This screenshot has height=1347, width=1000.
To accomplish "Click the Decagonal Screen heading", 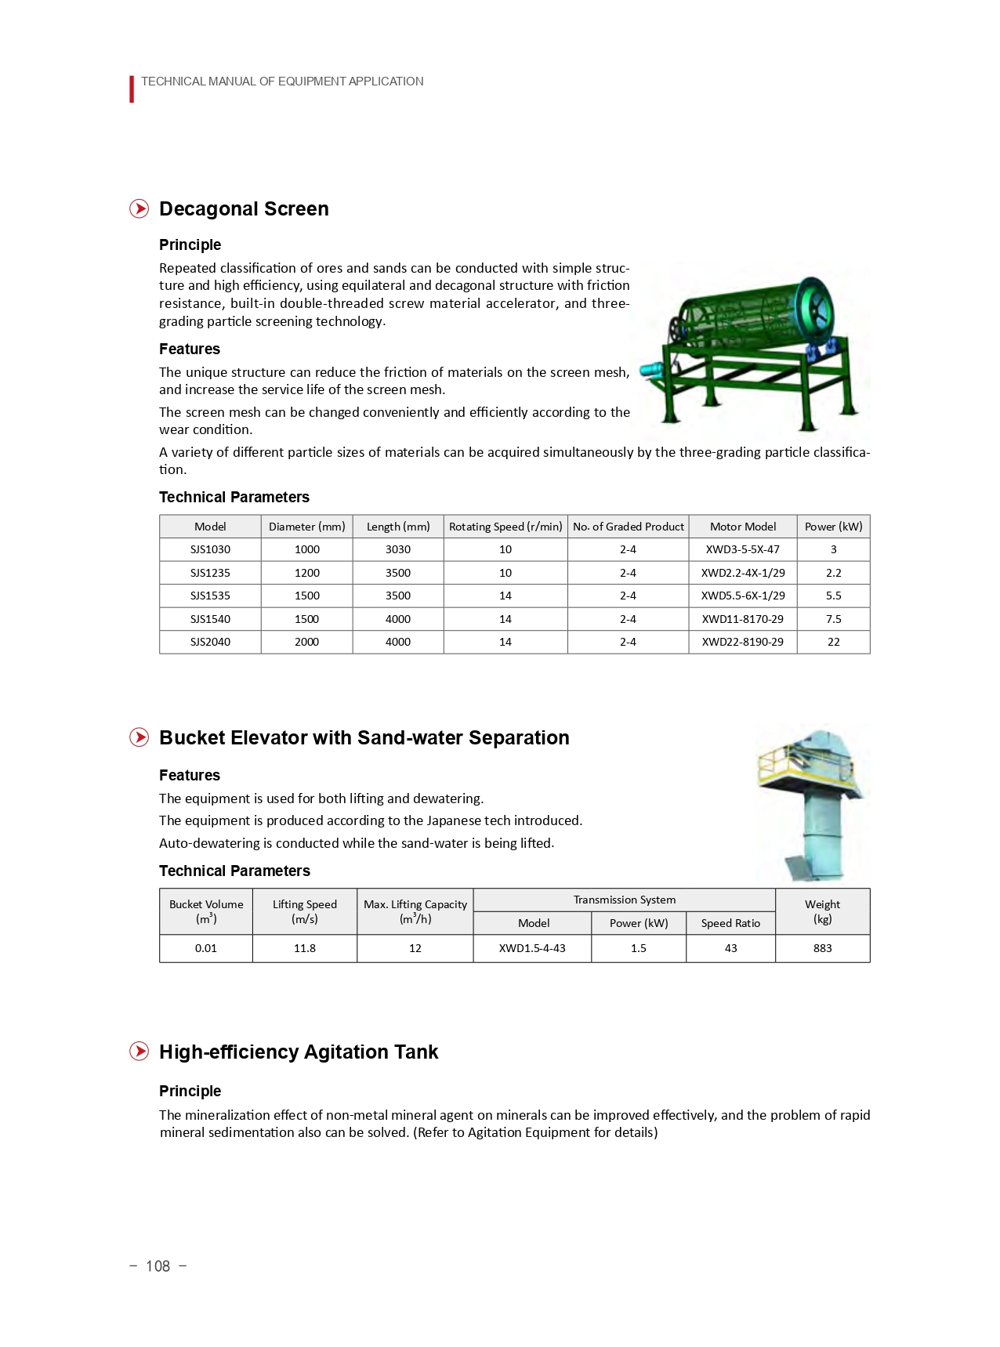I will coord(244,209).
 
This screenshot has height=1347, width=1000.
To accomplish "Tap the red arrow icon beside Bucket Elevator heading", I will coord(139,737).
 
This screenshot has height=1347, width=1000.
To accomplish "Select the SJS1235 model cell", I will coord(210,573).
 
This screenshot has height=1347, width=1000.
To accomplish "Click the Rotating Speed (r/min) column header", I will coord(505,527).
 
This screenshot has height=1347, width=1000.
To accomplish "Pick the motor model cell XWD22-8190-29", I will coord(742,642).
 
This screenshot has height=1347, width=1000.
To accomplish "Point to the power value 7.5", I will coord(833,619).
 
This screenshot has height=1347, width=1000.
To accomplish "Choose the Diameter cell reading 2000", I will coord(306,642).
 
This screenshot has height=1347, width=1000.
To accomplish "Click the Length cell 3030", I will coord(398,549).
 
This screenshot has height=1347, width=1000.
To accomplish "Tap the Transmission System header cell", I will coord(624,900).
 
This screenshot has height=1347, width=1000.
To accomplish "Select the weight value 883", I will coord(822,948).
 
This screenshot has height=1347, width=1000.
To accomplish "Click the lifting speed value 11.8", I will coord(304,948).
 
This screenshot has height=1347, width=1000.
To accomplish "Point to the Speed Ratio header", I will coord(730,923).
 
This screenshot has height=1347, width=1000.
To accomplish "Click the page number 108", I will coord(158,1266).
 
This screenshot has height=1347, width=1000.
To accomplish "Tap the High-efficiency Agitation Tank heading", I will coord(299,1052).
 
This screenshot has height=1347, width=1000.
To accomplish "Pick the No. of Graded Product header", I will coord(628,527).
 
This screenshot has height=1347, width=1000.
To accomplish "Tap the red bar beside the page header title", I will coord(132,89).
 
